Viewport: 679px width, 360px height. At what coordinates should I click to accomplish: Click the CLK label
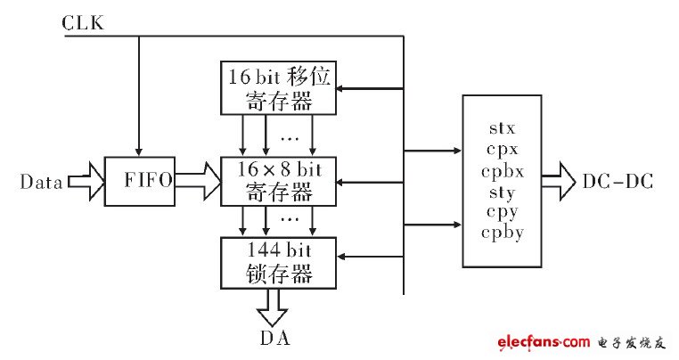point(82,22)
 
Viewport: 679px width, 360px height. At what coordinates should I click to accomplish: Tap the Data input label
point(41,183)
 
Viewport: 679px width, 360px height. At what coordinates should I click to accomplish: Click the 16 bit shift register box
point(279,88)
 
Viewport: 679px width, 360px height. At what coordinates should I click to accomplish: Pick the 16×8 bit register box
point(279,180)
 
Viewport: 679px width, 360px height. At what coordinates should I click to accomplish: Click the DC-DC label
point(618,183)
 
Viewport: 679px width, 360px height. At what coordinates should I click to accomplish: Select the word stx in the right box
point(503,130)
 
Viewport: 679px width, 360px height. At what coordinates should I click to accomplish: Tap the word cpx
point(503,151)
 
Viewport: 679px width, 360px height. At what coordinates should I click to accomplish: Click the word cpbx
point(503,171)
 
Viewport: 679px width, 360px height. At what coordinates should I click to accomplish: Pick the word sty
point(503,192)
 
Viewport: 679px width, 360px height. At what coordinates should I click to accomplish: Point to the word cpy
point(503,212)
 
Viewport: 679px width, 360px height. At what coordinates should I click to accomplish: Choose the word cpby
point(503,233)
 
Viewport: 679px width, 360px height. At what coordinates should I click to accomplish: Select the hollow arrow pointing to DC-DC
point(560,183)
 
